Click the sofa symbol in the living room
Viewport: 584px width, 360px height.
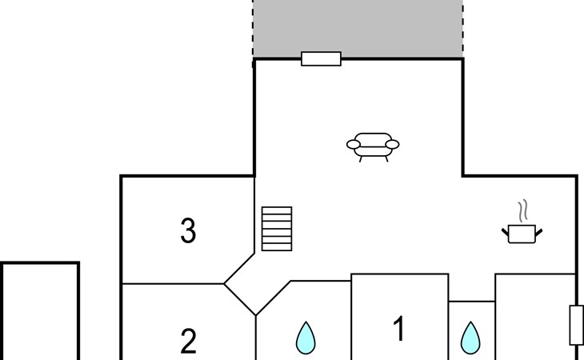(x=373, y=146)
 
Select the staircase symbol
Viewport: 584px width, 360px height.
(x=277, y=229)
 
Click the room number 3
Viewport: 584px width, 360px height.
(x=188, y=230)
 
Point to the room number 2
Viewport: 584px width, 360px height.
(x=188, y=342)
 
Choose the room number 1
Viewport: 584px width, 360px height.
(x=399, y=328)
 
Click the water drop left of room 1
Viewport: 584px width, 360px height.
(x=306, y=338)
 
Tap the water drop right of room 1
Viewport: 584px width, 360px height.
(x=470, y=338)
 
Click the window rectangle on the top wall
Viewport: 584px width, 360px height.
(x=321, y=59)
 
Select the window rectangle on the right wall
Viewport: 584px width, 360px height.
(x=577, y=325)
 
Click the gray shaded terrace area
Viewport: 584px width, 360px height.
(x=358, y=29)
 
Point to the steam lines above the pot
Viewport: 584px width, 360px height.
(x=523, y=211)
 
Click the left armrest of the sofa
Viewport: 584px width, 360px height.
(x=354, y=144)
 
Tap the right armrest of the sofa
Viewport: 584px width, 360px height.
(x=392, y=144)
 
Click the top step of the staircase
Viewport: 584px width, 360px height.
(x=277, y=210)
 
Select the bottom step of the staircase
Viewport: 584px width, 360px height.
(x=277, y=247)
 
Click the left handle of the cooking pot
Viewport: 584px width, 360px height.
(x=505, y=233)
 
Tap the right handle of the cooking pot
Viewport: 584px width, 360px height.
(x=538, y=233)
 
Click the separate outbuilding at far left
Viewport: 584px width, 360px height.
(x=40, y=311)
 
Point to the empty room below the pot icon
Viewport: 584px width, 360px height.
(x=535, y=317)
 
